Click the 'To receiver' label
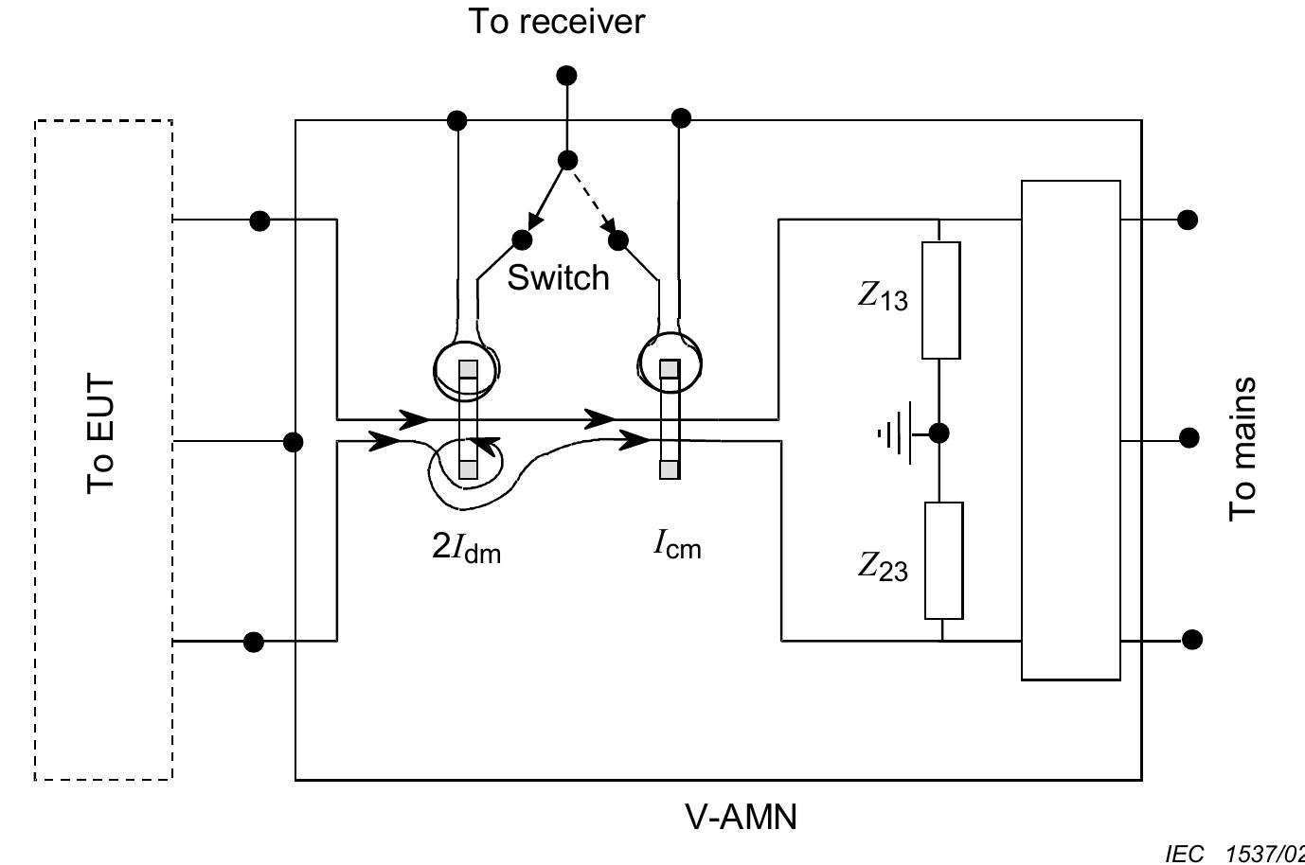coord(557,21)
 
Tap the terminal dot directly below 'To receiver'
coord(566,76)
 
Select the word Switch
coord(558,277)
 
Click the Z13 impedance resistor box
coord(940,300)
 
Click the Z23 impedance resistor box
coord(942,560)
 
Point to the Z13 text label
coord(883,297)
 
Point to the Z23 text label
coord(883,567)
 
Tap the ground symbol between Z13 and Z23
coord(896,433)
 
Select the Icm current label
coord(677,545)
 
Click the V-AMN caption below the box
coord(741,816)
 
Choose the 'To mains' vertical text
coord(1242,449)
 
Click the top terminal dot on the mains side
coord(1188,220)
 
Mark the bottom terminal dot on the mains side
coord(1191,640)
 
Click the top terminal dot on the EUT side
coord(259,221)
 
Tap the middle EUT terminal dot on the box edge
coord(294,441)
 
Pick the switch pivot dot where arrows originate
coord(566,160)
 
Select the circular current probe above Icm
coord(670,361)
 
